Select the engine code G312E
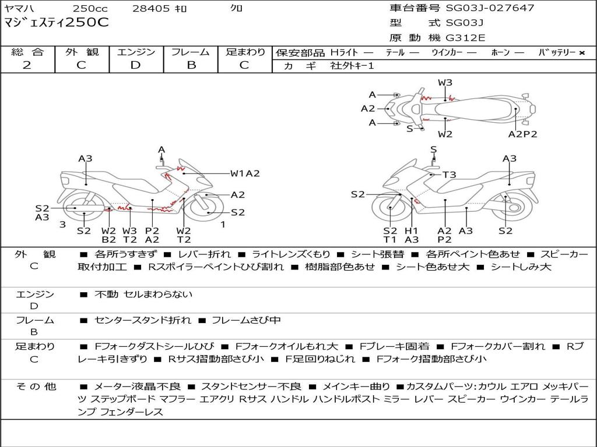click(x=465, y=38)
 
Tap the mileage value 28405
click(x=150, y=8)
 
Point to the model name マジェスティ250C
click(x=57, y=23)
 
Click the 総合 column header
click(x=27, y=52)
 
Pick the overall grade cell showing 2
click(x=27, y=65)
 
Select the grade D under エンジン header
click(x=135, y=65)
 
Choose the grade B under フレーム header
click(x=191, y=65)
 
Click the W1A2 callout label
click(x=245, y=173)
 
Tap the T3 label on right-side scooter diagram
click(x=449, y=175)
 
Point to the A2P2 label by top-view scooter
click(x=522, y=134)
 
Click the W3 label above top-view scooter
click(x=445, y=83)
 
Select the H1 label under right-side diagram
click(x=412, y=231)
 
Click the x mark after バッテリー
click(x=582, y=53)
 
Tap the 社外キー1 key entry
click(x=353, y=66)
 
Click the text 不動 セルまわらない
click(x=143, y=295)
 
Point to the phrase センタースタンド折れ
click(x=142, y=320)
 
